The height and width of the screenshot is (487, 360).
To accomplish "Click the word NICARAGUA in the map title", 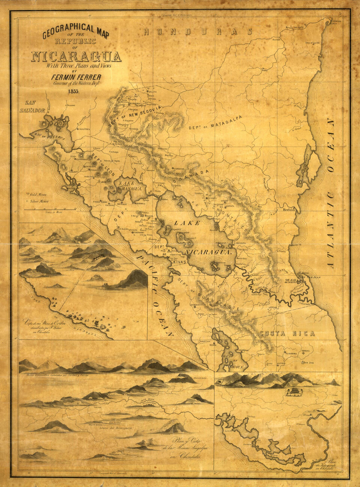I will tap(76, 57).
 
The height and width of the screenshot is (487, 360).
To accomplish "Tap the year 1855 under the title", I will tap(74, 91).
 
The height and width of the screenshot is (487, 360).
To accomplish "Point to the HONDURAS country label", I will tap(199, 31).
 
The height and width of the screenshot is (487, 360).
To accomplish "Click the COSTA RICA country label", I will tap(287, 334).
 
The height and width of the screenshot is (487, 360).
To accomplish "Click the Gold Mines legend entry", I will tap(37, 195).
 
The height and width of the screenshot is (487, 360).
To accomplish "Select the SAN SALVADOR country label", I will tap(32, 106).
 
